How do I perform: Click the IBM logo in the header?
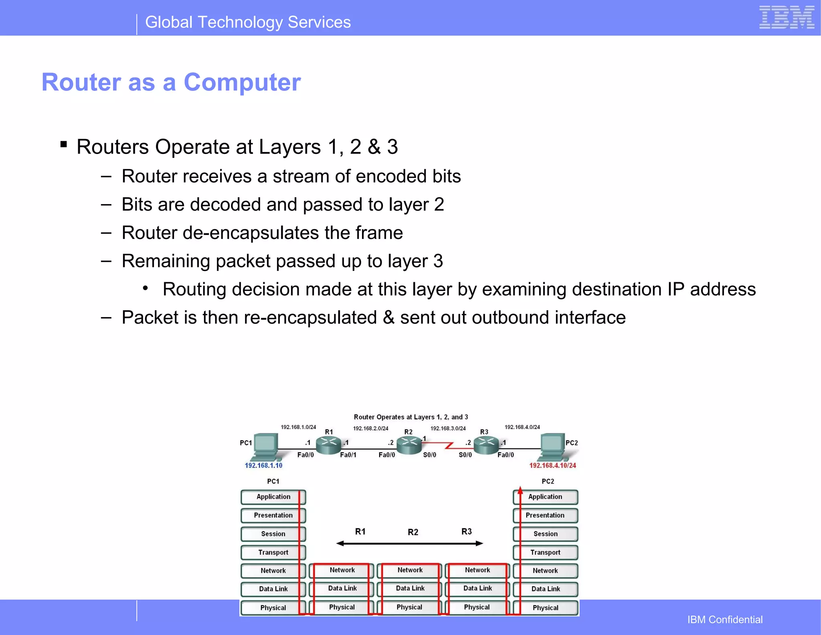tap(786, 18)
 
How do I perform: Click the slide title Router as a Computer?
tap(171, 82)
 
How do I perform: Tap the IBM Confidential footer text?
tap(725, 619)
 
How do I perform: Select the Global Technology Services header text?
tap(248, 22)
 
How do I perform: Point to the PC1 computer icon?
tap(266, 447)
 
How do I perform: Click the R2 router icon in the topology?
tap(409, 445)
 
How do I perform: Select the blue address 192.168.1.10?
tap(263, 465)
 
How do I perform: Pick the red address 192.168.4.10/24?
tap(552, 465)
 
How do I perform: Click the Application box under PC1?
tap(273, 497)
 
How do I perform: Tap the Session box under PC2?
tap(545, 534)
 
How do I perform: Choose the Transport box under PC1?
tap(273, 552)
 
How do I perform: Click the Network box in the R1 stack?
tap(342, 570)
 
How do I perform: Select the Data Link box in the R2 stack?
tap(410, 588)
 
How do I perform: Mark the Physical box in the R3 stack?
tap(477, 607)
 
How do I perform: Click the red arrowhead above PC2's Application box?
tap(520, 489)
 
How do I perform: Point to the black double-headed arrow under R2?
tap(410, 544)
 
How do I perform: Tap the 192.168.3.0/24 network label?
tap(448, 428)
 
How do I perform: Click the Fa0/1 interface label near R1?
tap(348, 455)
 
